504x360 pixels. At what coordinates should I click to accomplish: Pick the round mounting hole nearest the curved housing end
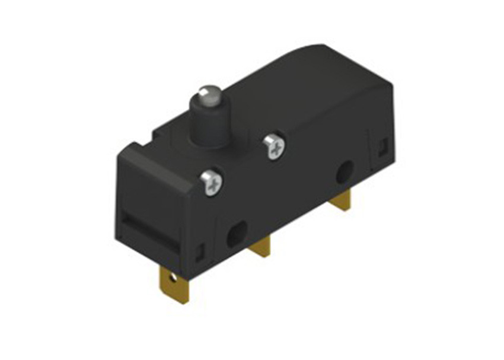(343, 173)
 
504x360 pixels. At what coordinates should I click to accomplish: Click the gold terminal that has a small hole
(173, 283)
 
